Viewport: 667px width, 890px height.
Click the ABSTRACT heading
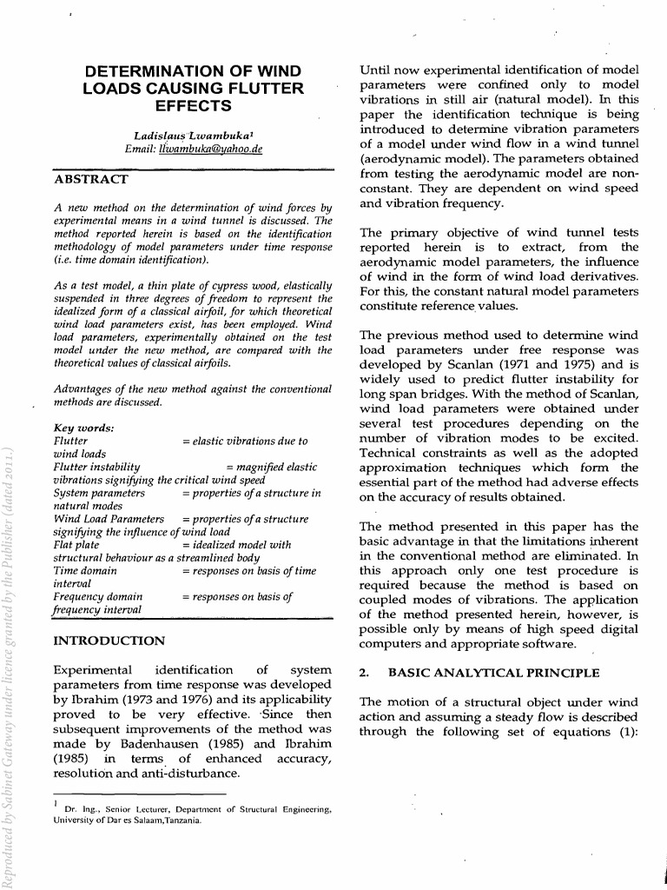pos(91,179)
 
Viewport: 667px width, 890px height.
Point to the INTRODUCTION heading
pos(109,641)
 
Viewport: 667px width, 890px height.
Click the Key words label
pos(83,428)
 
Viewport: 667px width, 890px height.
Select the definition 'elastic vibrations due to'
pos(245,441)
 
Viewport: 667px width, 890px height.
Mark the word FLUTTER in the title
pos(270,88)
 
